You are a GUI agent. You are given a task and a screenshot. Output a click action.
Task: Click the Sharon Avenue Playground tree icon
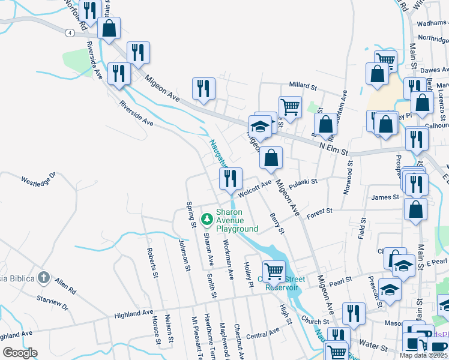pos(207,220)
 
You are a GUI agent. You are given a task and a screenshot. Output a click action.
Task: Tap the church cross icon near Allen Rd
pos(43,277)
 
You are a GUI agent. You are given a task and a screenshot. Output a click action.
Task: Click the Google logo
pos(20,353)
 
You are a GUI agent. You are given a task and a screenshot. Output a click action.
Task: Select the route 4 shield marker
pos(71,34)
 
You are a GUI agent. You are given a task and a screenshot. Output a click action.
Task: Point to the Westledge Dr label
pos(38,178)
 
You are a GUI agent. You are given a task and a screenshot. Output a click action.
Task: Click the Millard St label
pos(303,86)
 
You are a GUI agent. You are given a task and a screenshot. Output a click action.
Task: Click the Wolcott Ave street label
pos(255,188)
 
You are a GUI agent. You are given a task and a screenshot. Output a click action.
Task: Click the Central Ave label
pos(263,332)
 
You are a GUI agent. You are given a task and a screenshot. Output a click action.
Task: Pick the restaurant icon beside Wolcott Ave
pos(230,179)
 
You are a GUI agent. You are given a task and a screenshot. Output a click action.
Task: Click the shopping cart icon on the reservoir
pos(274,271)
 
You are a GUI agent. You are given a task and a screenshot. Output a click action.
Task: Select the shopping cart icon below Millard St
pos(290,107)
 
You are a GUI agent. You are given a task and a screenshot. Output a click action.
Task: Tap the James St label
pos(385,197)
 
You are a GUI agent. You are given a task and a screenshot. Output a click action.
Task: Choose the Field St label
pos(361,229)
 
